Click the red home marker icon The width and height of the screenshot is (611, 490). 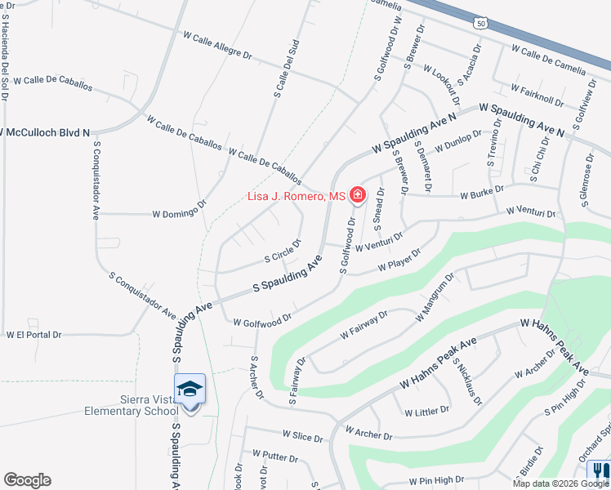(x=357, y=194)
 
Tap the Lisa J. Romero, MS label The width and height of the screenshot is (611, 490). (x=297, y=197)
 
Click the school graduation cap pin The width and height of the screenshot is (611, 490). (x=190, y=389)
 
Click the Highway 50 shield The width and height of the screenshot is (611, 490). (x=481, y=24)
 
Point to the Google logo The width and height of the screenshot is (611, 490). (x=27, y=480)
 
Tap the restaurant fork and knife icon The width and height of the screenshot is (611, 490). (x=599, y=470)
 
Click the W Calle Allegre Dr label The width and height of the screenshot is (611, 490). (x=218, y=45)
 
